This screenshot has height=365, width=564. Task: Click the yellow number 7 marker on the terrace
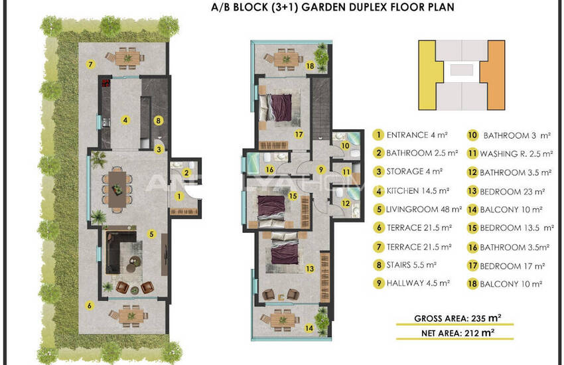pyautogui.click(x=90, y=64)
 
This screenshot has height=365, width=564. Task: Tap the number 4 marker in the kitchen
pyautogui.click(x=125, y=119)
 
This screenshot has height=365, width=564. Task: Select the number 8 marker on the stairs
pyautogui.click(x=159, y=121)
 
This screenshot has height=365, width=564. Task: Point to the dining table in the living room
pyautogui.click(x=117, y=188)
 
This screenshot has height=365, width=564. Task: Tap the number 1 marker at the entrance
pyautogui.click(x=179, y=196)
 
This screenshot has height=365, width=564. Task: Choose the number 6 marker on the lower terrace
pyautogui.click(x=90, y=306)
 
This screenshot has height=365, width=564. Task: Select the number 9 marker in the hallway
pyautogui.click(x=321, y=169)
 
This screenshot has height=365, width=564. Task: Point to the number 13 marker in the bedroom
pyautogui.click(x=310, y=268)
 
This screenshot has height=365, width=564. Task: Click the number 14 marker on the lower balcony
pyautogui.click(x=309, y=328)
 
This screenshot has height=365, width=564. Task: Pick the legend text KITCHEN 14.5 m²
pyautogui.click(x=418, y=190)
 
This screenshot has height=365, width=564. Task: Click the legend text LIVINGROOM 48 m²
pyautogui.click(x=424, y=209)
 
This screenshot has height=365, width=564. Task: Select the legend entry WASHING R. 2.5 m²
pyautogui.click(x=516, y=154)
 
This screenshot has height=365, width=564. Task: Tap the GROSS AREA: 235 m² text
pyautogui.click(x=458, y=319)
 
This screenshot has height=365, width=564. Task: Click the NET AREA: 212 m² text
pyautogui.click(x=458, y=333)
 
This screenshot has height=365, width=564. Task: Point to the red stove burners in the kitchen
pyautogui.click(x=106, y=83)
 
